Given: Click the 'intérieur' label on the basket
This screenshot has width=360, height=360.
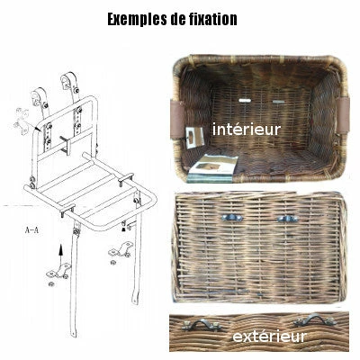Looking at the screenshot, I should [x=247, y=130].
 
